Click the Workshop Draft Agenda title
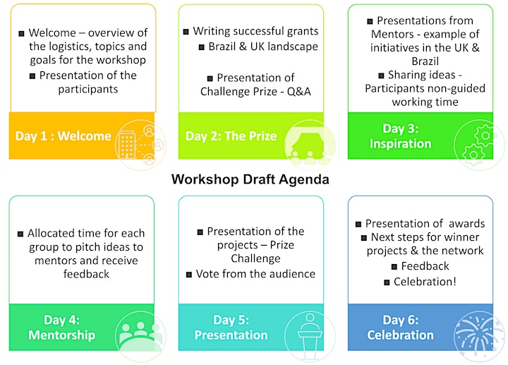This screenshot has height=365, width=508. (250, 179)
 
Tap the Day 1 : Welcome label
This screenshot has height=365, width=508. (64, 136)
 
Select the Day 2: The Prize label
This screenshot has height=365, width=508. (231, 136)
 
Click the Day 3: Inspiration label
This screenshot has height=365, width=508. (401, 136)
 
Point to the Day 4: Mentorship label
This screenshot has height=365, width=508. (61, 328)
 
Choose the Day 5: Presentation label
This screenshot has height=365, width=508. (231, 328)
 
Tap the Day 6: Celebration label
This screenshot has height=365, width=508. (401, 328)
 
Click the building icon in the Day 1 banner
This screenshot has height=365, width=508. (127, 145)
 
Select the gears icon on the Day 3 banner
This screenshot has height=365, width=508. (479, 145)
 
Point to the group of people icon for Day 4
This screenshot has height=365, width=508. (140, 334)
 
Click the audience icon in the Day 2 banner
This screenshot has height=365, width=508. (310, 145)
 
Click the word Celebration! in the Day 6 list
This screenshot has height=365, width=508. (425, 282)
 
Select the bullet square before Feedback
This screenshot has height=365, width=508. (394, 267)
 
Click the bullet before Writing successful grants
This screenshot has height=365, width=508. (186, 32)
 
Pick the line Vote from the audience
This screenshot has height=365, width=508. (255, 274)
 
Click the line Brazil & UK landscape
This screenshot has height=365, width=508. (263, 47)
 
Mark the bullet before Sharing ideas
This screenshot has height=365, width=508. (381, 76)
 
